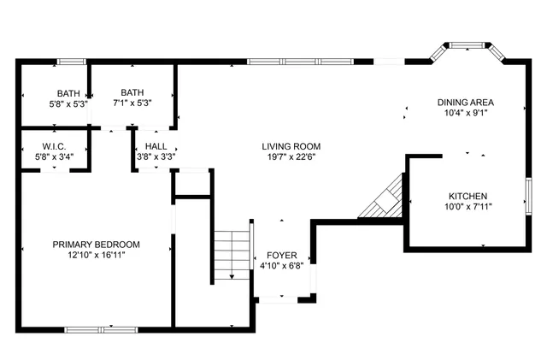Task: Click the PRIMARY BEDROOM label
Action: coord(96,244)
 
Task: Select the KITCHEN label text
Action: coord(468,195)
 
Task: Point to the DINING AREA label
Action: coord(466,102)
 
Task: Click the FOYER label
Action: coord(281,255)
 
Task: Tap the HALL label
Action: coord(156,146)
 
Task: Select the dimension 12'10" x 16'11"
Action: coord(96,255)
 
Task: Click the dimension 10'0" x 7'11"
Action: coord(468,206)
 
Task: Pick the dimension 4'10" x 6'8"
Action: coord(281,266)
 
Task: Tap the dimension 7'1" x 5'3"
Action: coord(132,103)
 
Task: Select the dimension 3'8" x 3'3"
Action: coord(156,156)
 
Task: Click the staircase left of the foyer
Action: coord(225,255)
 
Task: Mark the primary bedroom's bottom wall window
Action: coord(101,328)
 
